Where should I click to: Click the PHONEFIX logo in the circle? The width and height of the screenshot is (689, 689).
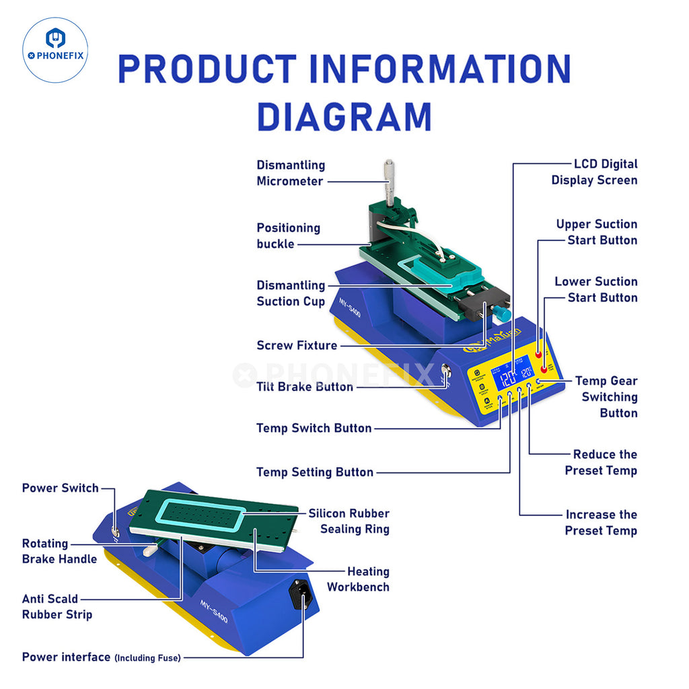point(55,50)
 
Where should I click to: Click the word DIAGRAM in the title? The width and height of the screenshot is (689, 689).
point(344,116)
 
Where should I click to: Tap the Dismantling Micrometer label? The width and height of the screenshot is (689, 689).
point(291,173)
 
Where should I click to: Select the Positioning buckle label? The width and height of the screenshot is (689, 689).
point(288,235)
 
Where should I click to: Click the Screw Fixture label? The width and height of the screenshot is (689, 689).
point(297,345)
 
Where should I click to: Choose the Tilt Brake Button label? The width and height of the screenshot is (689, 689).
point(305,387)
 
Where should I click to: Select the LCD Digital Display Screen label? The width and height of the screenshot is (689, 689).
point(595,172)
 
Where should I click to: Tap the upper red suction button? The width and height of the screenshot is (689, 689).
point(539,354)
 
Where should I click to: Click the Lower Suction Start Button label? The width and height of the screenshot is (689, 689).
point(596,289)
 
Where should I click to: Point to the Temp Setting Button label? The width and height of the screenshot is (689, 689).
point(315,472)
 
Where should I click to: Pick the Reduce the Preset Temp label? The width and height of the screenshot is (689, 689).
point(601,462)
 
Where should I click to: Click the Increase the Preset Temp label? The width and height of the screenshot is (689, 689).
point(601,522)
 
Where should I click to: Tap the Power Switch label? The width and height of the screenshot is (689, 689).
point(61,488)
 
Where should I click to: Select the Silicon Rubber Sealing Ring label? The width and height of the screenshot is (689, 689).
point(349,521)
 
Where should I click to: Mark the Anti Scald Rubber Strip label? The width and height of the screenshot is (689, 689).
point(57,606)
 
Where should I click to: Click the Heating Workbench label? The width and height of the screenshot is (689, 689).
point(358,579)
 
